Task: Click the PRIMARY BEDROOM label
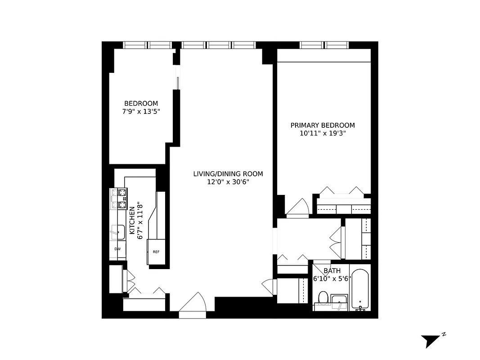322,125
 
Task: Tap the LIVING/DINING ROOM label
228,174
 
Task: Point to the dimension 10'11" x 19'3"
322,133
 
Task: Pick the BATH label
332,271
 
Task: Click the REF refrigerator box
156,252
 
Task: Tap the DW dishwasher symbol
117,249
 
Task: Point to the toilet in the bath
323,297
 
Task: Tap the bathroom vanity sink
339,300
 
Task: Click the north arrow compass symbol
431,340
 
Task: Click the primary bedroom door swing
297,207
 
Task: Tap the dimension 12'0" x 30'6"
228,182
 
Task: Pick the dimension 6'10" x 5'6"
332,279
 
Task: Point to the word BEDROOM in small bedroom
141,103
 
